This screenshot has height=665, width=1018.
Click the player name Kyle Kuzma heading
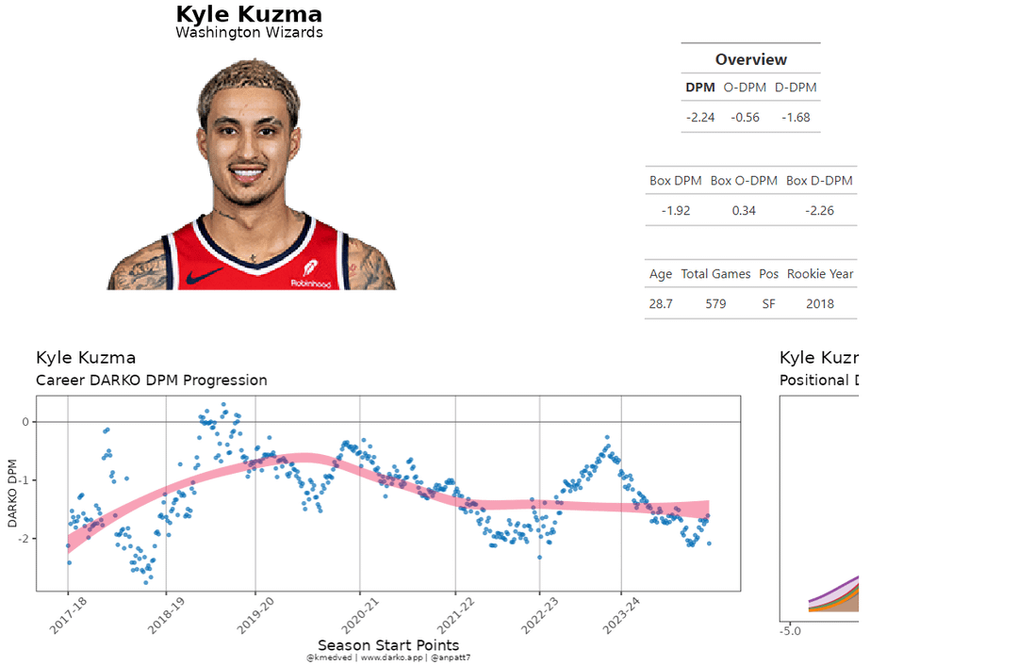click(249, 15)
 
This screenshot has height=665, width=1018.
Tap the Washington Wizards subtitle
click(249, 33)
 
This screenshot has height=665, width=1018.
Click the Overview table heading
click(750, 59)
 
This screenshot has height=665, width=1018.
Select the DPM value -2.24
click(700, 118)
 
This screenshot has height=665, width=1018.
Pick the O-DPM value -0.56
click(745, 118)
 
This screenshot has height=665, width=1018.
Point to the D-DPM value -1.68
click(796, 118)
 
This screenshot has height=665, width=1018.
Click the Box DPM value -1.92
click(675, 210)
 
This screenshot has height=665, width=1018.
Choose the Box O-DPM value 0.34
click(744, 210)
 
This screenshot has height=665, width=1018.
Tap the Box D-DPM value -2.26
click(819, 210)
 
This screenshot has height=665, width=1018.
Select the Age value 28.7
click(661, 304)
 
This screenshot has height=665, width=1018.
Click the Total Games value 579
click(715, 304)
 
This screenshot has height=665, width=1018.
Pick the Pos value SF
click(768, 304)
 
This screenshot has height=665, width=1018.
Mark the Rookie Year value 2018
click(820, 304)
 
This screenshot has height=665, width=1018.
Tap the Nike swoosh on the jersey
click(205, 276)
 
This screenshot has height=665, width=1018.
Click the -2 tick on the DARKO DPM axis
click(25, 539)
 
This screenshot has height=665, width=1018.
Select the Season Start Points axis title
click(387, 645)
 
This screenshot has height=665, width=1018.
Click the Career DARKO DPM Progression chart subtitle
click(151, 381)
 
